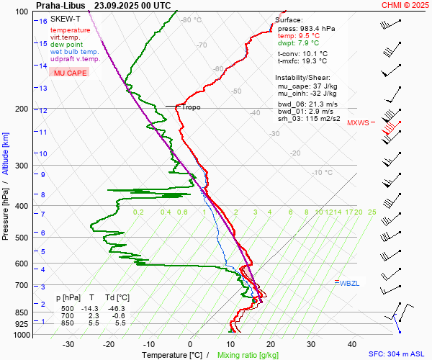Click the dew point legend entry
point(67,45)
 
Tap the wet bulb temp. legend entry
point(74,52)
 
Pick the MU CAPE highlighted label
point(68,73)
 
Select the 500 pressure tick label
point(24,238)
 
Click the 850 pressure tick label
point(24,312)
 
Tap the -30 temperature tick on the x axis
point(68,344)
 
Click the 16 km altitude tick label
point(43,22)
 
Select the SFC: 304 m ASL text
point(398,354)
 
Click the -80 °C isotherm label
point(192,20)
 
